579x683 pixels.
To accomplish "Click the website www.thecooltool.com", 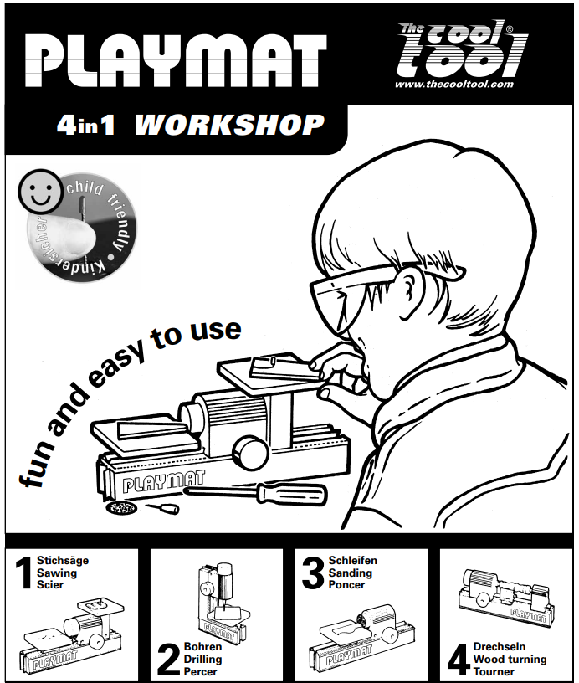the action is coord(454,84).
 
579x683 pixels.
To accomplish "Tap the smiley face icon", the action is coord(40,191).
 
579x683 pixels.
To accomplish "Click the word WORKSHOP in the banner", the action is coord(229,126).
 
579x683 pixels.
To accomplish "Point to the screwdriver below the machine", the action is coord(257,493).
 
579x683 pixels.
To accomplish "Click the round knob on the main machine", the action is coord(249,453).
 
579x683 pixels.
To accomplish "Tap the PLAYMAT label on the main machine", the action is coord(164,481).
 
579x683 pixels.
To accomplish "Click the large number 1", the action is coord(23,573).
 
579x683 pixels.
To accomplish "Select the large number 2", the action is coord(168,660).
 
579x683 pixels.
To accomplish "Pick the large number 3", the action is coord(313,573).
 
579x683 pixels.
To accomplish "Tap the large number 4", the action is coord(459,660).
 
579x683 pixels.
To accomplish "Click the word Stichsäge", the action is coord(63,561).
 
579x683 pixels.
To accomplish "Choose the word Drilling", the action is coord(202,660).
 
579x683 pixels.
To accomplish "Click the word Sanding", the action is coord(351,573).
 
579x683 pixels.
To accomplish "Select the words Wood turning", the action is coord(510,660).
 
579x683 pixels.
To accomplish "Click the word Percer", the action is coord(200,671).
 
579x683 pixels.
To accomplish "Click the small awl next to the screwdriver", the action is coord(163,508).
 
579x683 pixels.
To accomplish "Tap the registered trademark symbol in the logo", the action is coord(509,29).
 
